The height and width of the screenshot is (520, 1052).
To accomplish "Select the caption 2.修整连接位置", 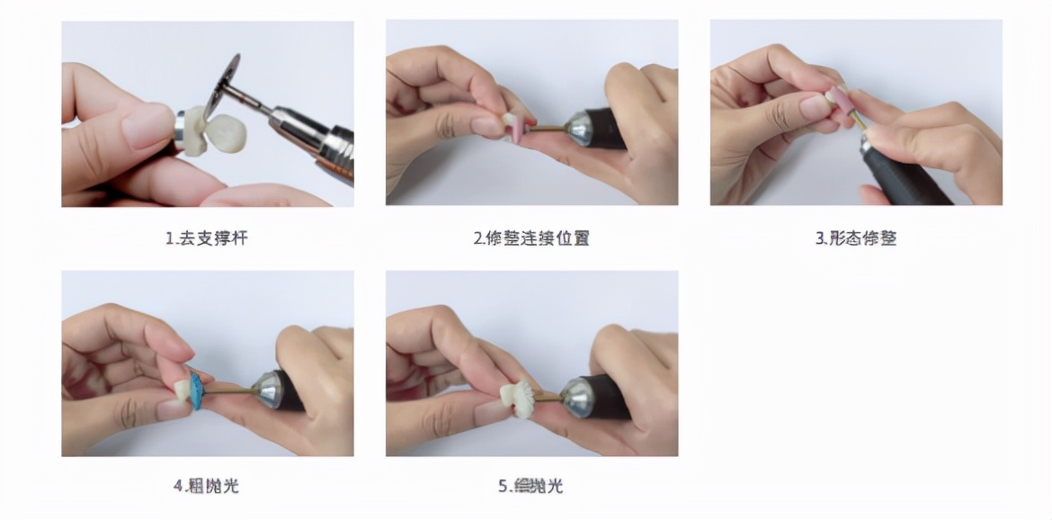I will coord(531,238).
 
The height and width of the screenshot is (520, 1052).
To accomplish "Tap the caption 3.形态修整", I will coord(856,238).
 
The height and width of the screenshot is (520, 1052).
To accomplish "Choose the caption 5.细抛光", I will coord(531,486).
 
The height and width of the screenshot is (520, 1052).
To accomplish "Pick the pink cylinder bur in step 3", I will coord(839,106).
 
